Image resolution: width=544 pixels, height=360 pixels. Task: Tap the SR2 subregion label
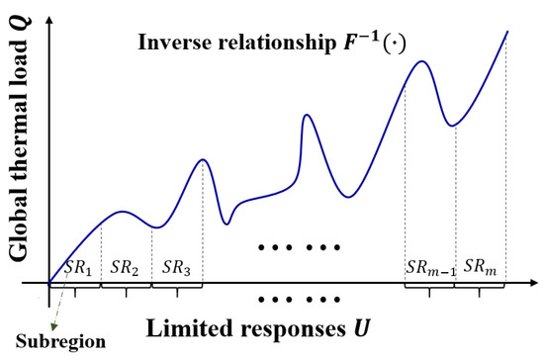[126, 267]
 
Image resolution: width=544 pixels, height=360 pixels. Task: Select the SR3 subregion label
[177, 267]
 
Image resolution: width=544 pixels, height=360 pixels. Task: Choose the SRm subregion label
[481, 267]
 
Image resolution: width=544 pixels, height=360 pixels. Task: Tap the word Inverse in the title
[172, 44]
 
